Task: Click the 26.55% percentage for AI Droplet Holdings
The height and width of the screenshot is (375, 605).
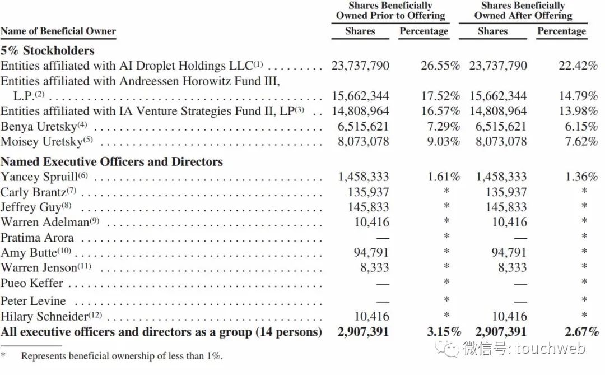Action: pyautogui.click(x=440, y=66)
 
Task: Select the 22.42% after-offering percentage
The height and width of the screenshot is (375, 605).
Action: pyautogui.click(x=578, y=66)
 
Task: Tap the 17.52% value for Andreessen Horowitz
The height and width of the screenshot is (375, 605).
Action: pyautogui.click(x=440, y=96)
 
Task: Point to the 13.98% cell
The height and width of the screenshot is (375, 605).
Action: pyautogui.click(x=578, y=111)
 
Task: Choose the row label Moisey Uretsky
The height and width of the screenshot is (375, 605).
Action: pyautogui.click(x=42, y=141)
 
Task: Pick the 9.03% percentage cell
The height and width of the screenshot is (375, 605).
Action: pyautogui.click(x=443, y=141)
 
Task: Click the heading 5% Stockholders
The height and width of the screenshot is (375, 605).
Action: pyautogui.click(x=48, y=50)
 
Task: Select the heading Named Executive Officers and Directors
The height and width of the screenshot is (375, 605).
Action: pyautogui.click(x=111, y=162)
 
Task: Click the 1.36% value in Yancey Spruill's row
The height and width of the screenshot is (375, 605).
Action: pyautogui.click(x=581, y=177)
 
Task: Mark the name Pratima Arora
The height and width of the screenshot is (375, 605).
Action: pyautogui.click(x=37, y=238)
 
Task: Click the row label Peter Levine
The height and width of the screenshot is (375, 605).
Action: pyautogui.click(x=33, y=301)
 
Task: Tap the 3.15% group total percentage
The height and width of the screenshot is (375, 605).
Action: pyautogui.click(x=443, y=332)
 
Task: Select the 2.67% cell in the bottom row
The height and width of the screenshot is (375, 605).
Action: pyautogui.click(x=581, y=332)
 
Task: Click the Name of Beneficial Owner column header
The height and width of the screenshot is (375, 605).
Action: pyautogui.click(x=58, y=31)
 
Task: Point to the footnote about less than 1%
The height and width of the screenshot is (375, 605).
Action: pyautogui.click(x=121, y=356)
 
